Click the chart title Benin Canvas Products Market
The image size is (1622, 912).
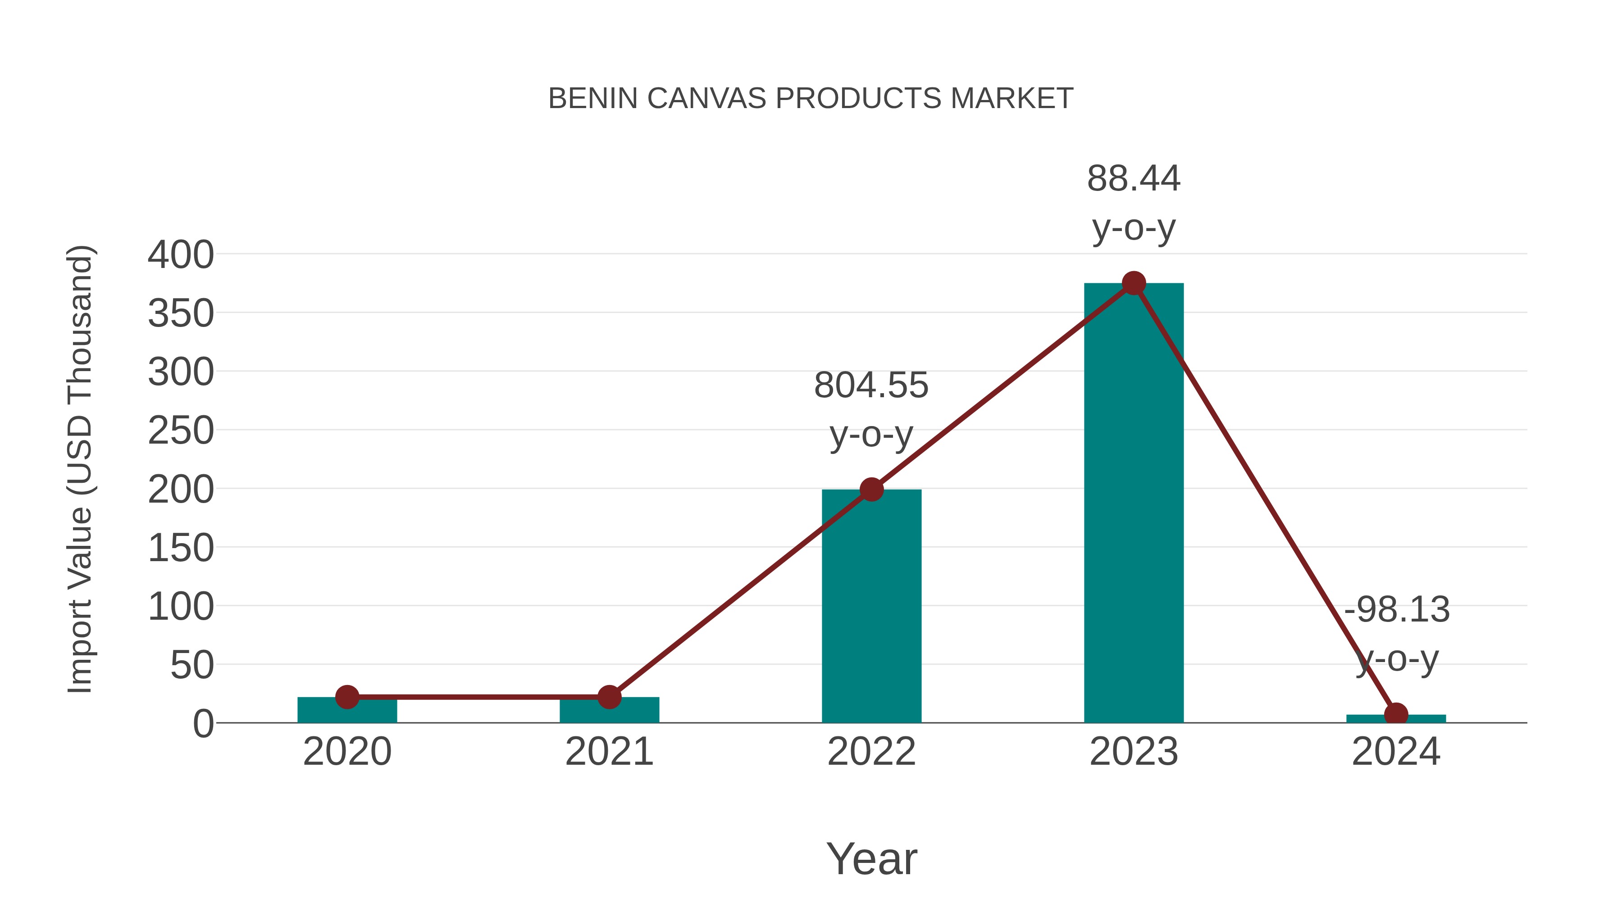[811, 99]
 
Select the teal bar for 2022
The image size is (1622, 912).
[871, 617]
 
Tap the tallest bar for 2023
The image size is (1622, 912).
[1134, 516]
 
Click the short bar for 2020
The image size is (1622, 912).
[347, 711]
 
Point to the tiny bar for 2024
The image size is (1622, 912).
[1396, 719]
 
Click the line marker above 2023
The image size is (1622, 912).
[1134, 283]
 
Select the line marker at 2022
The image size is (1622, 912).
[871, 489]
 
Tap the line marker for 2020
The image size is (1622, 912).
[347, 697]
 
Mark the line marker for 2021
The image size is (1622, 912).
[609, 697]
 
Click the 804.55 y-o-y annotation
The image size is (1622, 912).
[871, 409]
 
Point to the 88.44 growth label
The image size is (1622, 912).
[1134, 179]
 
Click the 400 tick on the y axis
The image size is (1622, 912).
[181, 255]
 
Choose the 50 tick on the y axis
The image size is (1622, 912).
[192, 665]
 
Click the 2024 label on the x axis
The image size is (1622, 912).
[1396, 752]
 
